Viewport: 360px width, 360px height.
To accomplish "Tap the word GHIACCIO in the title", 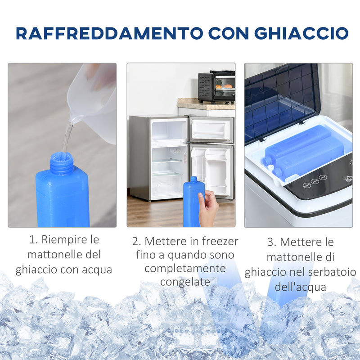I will (301, 33).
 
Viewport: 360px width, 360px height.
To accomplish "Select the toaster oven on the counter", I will (216, 86).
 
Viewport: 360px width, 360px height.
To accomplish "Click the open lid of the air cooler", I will (279, 99).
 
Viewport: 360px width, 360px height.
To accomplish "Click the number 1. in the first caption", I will (34, 239).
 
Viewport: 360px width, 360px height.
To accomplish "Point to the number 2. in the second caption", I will (137, 241).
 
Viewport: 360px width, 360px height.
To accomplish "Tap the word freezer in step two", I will (218, 241).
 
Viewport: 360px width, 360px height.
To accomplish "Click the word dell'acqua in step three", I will (300, 287).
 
